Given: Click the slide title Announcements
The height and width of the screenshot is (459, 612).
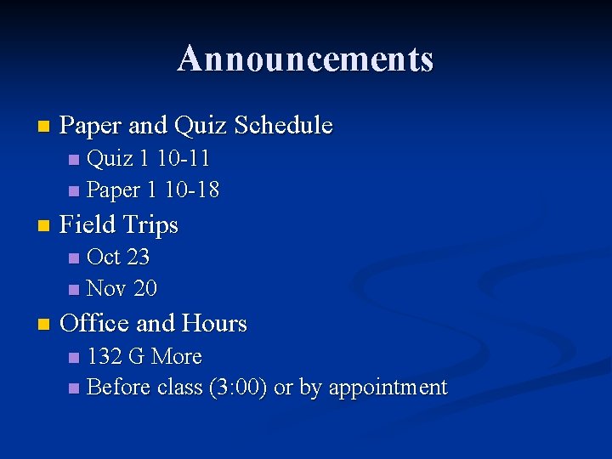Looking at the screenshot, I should (305, 59).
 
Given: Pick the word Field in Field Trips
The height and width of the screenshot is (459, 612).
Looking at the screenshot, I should (88, 224).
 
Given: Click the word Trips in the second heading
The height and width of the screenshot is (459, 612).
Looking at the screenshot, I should (150, 224).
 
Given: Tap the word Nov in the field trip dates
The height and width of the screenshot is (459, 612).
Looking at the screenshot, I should (107, 289).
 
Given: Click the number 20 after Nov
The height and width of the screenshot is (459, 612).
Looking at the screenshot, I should (145, 289).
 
